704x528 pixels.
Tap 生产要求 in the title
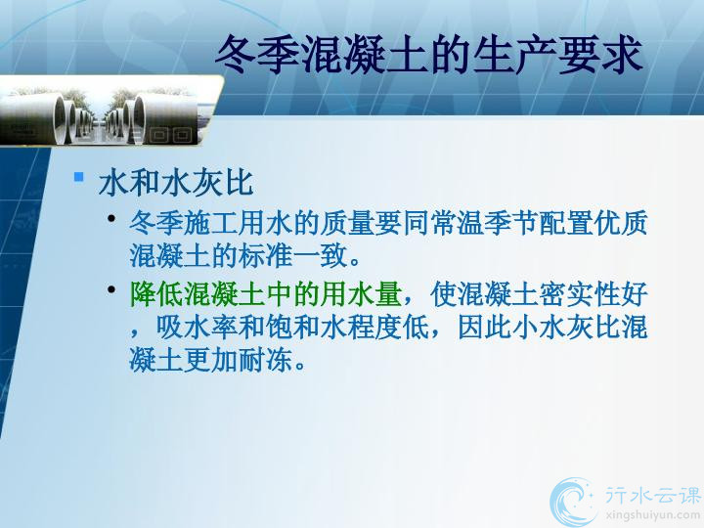(557, 55)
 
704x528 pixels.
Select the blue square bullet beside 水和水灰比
(79, 176)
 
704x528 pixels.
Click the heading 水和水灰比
(176, 183)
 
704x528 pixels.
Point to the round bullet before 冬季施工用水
(111, 219)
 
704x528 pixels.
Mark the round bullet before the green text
(111, 289)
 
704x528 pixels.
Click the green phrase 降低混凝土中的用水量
(266, 294)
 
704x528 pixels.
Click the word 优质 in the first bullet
(620, 223)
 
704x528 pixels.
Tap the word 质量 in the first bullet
(347, 223)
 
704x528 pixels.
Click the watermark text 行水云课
(652, 495)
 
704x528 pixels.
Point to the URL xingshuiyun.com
(652, 515)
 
